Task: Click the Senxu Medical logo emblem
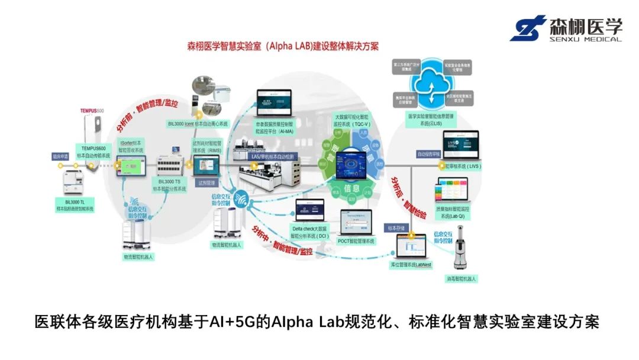click(x=528, y=28)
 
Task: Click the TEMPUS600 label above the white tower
click(x=92, y=111)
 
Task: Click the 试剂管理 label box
click(x=206, y=184)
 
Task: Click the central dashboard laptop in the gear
click(x=354, y=164)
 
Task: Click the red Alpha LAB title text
click(x=283, y=46)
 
